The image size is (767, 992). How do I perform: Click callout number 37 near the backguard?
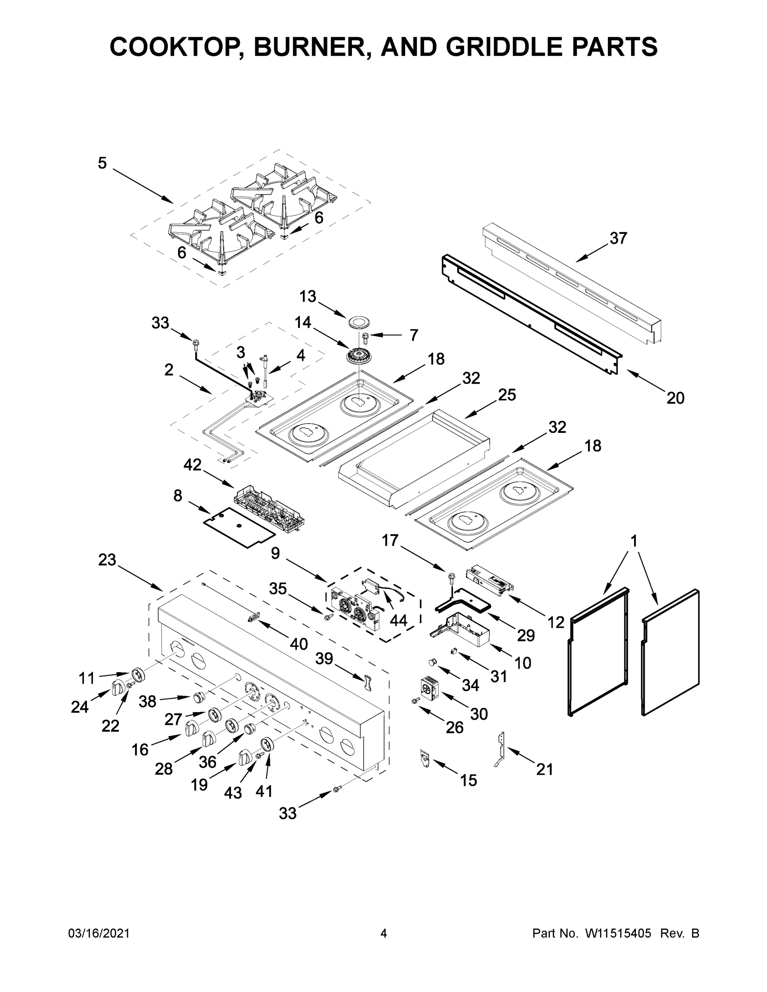tap(618, 238)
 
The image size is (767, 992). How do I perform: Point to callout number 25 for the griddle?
tap(507, 395)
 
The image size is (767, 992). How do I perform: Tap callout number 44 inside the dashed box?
tap(398, 620)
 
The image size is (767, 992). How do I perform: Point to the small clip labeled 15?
tap(424, 758)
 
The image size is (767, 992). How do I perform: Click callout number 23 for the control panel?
tap(107, 560)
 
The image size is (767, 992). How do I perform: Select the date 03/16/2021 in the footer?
tap(98, 933)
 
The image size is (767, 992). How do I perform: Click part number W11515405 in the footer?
tap(618, 933)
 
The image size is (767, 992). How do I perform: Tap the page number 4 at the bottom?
tap(384, 933)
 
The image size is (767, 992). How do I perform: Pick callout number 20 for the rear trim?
tap(675, 398)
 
